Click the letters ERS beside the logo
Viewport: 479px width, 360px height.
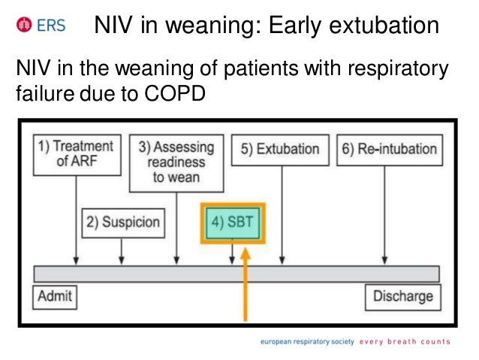[x=50, y=26]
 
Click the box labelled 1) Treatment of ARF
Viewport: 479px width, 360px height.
[x=76, y=153]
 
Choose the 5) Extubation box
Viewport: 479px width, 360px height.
[x=280, y=149]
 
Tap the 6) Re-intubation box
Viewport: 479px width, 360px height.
[x=389, y=149]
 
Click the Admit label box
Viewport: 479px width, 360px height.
[x=56, y=296]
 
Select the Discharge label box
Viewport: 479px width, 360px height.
[x=402, y=296]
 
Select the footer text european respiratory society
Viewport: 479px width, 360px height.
[x=307, y=342]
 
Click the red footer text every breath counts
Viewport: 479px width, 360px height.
[x=405, y=342]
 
